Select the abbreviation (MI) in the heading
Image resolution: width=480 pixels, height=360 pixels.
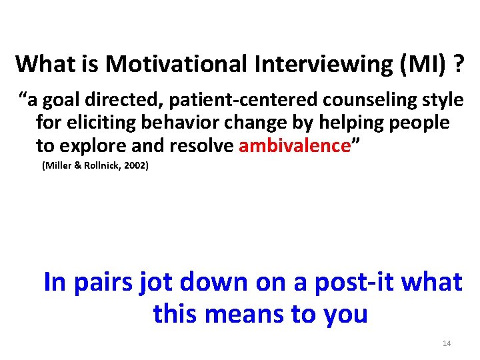pos(415,64)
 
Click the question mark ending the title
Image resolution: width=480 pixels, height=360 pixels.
pos(458,64)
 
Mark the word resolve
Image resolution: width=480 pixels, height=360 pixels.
pos(203,146)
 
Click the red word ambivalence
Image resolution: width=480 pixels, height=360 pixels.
pos(294,146)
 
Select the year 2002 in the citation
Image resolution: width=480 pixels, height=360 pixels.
pos(134,165)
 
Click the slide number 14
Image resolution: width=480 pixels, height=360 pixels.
pos(447,343)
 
